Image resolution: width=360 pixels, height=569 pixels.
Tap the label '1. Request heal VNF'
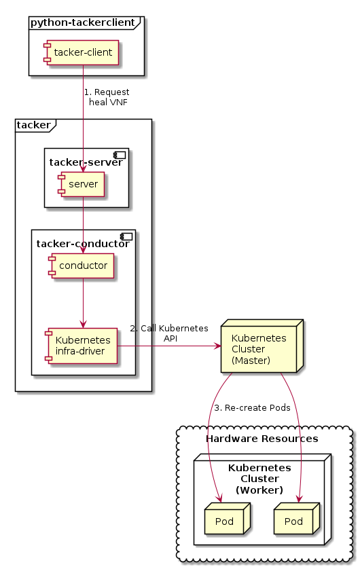click(107, 97)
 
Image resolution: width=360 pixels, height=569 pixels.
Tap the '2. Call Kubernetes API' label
click(169, 333)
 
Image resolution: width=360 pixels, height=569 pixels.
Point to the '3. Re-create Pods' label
click(252, 408)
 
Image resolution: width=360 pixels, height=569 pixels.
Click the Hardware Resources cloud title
click(262, 439)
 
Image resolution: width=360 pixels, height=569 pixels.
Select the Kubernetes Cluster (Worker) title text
click(259, 479)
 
